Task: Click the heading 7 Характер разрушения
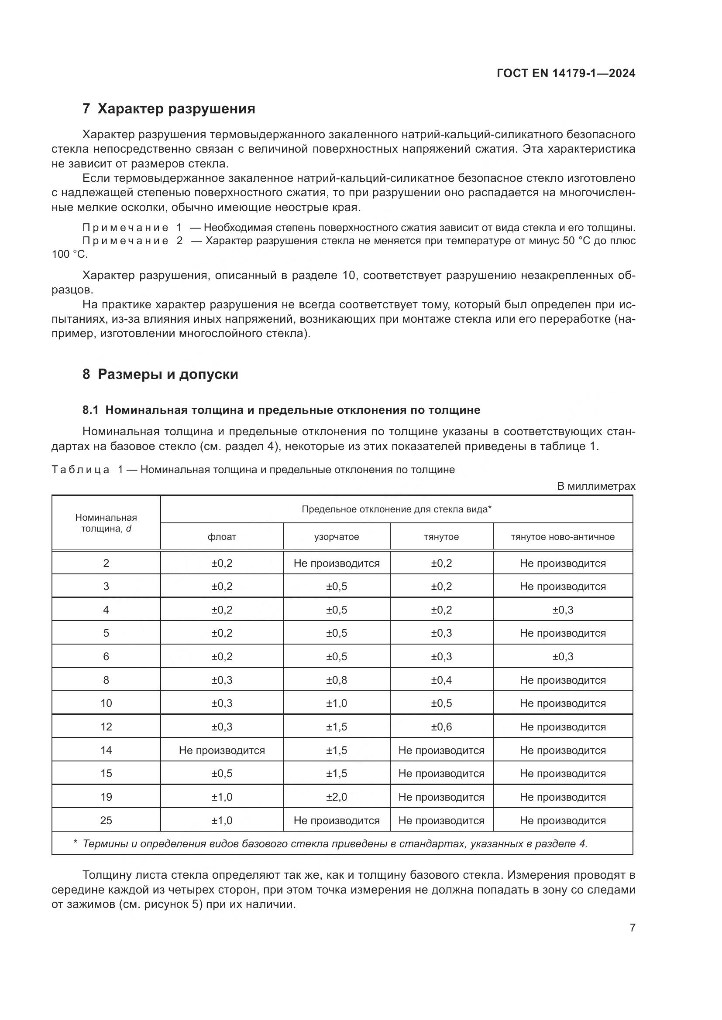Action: [x=169, y=109]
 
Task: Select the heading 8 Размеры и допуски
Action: [x=161, y=374]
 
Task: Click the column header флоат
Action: [x=221, y=537]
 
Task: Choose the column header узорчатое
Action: [x=336, y=537]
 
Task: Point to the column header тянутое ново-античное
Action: [x=562, y=537]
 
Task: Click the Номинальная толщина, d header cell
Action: [x=106, y=523]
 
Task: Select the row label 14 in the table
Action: [x=106, y=751]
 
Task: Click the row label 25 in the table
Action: [x=106, y=821]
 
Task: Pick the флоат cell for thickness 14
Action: [x=221, y=751]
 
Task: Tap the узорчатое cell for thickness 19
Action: [x=336, y=797]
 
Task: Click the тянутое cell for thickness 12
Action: [x=441, y=727]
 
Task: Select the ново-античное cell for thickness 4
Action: [x=562, y=610]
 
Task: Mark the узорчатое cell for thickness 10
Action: [x=336, y=703]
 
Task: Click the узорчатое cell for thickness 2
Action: [x=336, y=563]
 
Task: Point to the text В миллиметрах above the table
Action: [x=596, y=487]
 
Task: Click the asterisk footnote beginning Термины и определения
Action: [x=331, y=844]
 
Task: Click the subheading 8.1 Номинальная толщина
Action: [x=281, y=410]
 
